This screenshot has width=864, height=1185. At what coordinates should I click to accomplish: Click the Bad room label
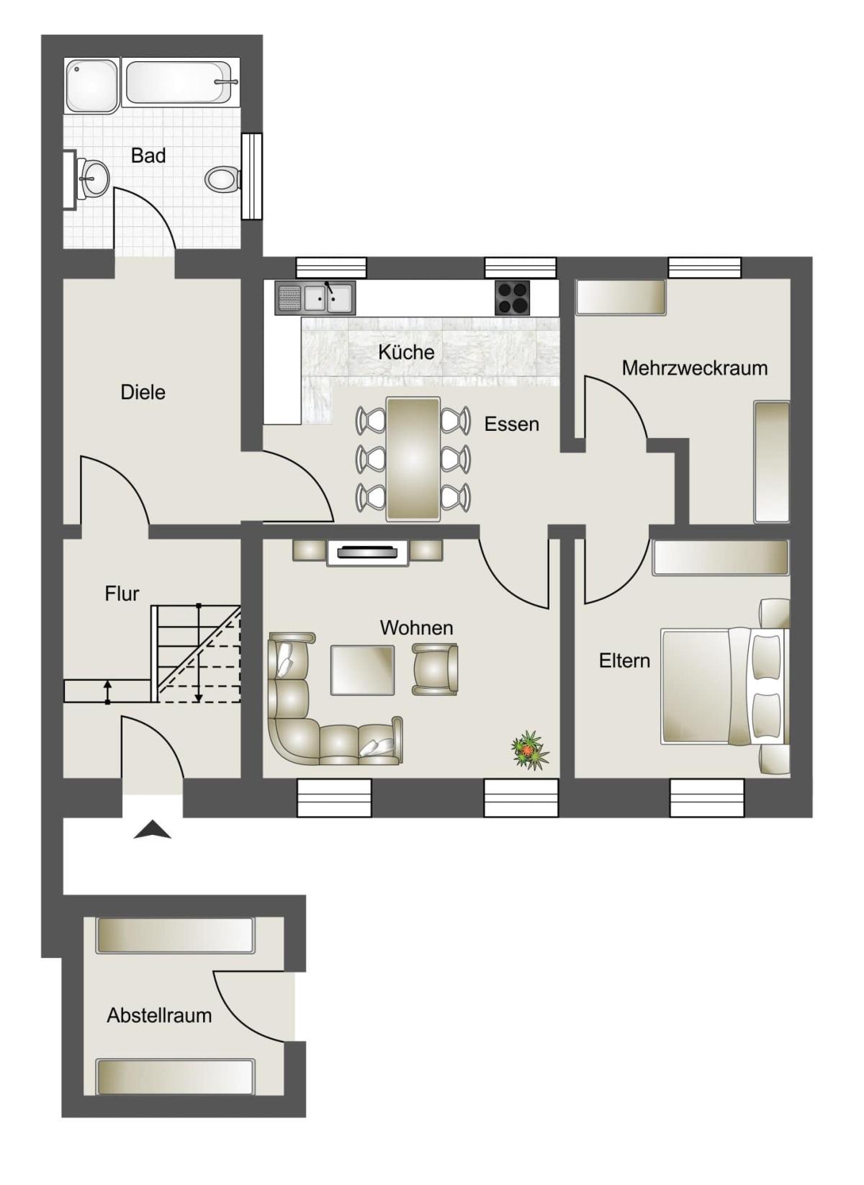click(148, 156)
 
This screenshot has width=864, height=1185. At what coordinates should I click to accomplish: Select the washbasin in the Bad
click(93, 177)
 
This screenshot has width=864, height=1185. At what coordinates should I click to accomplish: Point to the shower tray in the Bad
click(93, 85)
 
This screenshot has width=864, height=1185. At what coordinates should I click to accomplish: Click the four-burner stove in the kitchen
click(512, 297)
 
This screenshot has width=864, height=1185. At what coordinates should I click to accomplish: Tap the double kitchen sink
click(328, 298)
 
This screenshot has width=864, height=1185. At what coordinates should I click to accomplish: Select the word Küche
click(406, 352)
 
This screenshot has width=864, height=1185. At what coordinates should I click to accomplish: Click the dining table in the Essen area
click(413, 459)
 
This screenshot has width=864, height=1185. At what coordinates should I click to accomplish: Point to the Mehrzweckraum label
click(694, 368)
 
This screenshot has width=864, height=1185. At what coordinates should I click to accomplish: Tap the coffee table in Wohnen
click(362, 670)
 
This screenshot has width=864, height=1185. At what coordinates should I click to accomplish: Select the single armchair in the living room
click(435, 668)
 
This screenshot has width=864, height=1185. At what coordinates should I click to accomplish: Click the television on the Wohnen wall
click(367, 553)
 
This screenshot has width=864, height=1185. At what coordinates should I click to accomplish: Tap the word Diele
click(143, 393)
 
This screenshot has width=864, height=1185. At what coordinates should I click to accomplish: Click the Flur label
click(122, 594)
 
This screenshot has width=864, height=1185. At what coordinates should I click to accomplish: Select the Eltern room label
click(624, 661)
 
